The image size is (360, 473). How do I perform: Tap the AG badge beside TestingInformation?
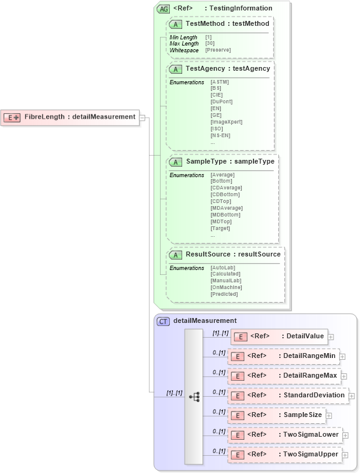point(163,9)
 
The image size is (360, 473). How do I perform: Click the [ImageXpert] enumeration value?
point(226,122)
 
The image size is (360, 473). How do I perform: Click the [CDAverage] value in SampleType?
point(226,188)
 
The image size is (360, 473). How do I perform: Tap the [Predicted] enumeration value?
point(224,294)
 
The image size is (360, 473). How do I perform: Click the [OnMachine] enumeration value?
point(226,287)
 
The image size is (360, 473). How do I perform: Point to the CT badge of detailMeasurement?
point(163,321)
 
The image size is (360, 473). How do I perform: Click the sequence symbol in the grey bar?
point(194,397)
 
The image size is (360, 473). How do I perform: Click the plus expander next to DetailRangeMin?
point(343,356)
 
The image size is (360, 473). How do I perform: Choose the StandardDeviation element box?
point(287,395)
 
